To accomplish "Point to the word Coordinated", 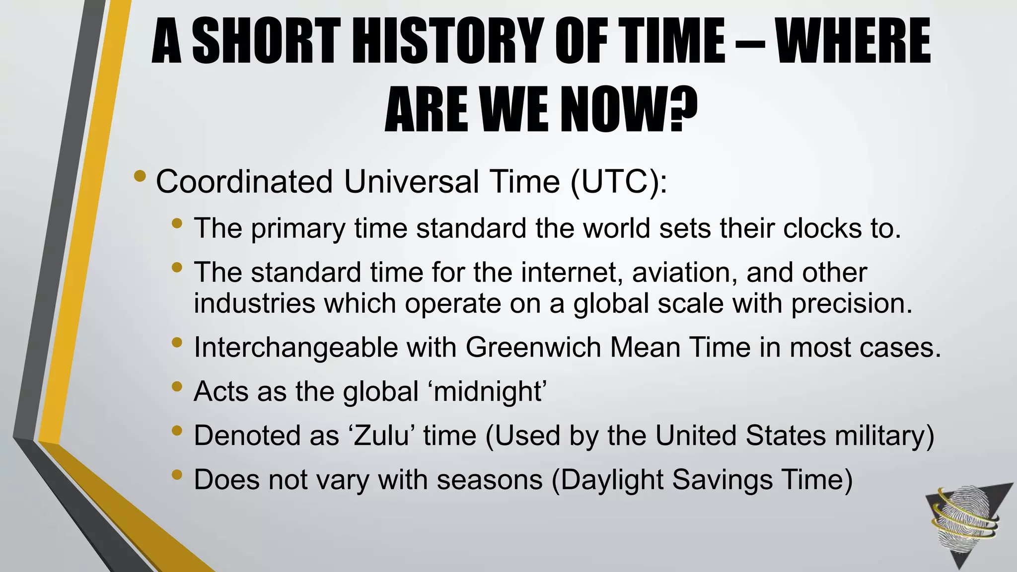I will point(244,182).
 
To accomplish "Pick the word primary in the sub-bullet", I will point(297,229).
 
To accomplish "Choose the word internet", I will point(547,273).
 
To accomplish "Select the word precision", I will point(851,304).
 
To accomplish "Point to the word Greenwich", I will point(533,347).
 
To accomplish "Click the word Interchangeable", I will point(295,347).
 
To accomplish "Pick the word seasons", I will point(490,480).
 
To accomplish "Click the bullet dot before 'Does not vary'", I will point(177,475).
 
